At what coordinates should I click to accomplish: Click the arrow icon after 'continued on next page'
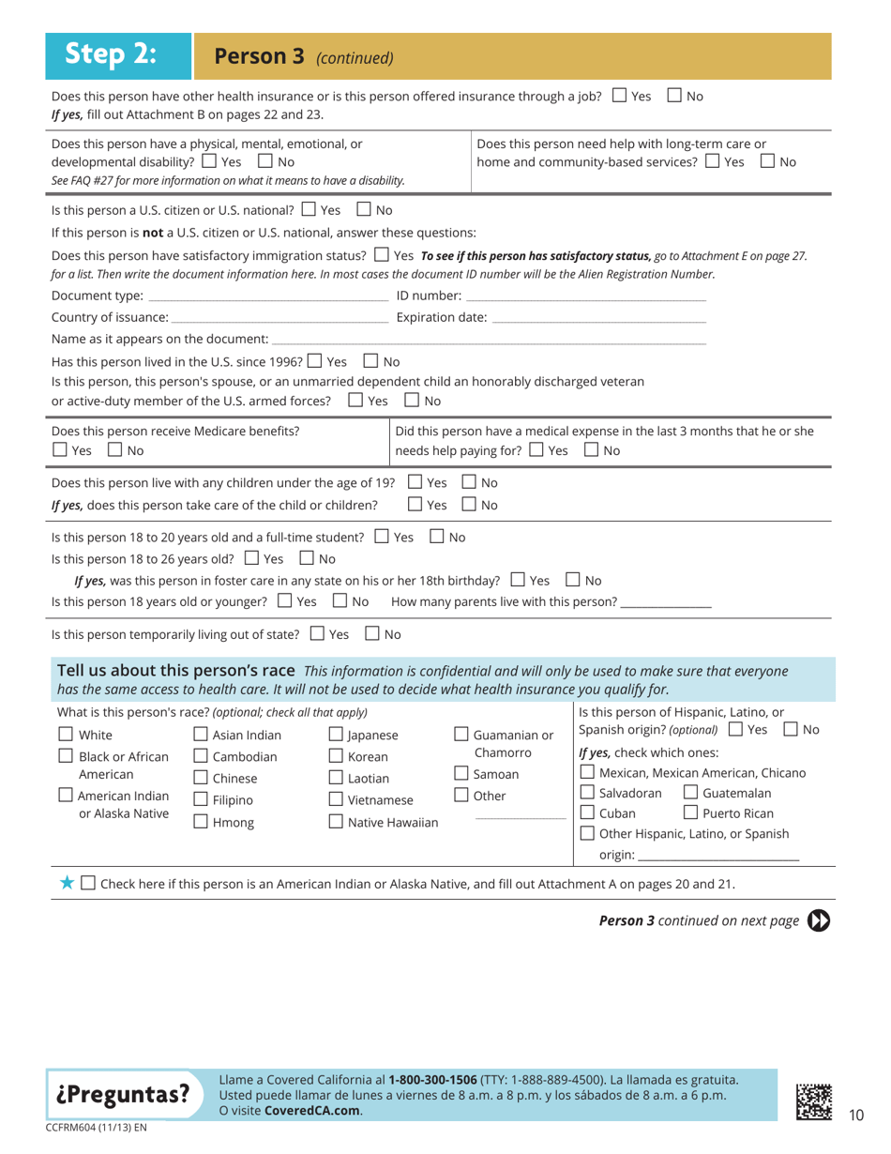(819, 920)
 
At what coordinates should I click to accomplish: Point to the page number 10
(855, 1115)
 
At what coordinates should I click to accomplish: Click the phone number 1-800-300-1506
(432, 1080)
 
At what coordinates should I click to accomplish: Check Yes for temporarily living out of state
(317, 634)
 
